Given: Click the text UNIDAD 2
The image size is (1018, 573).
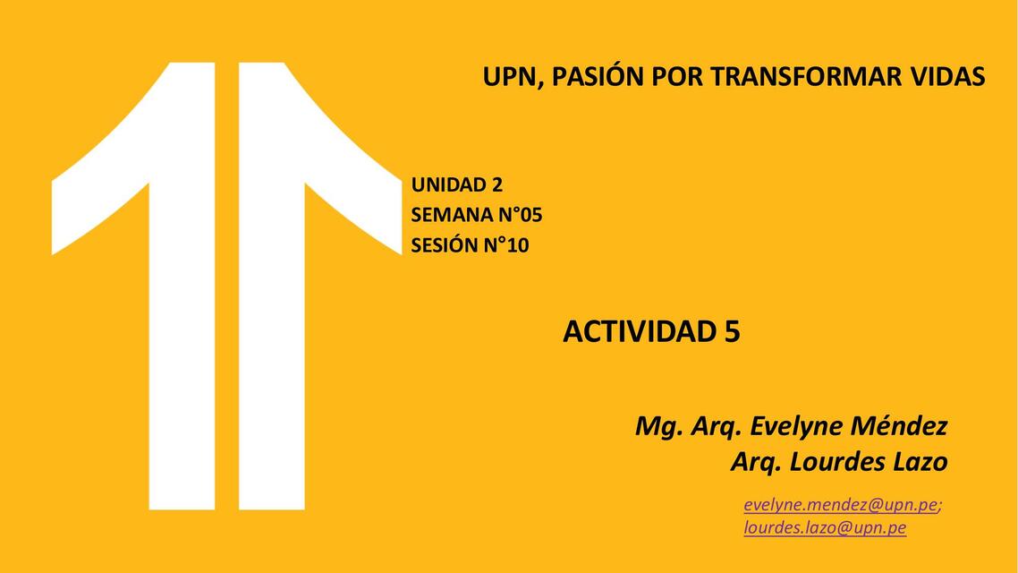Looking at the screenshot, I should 456,185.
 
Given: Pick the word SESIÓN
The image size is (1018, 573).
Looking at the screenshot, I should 444,244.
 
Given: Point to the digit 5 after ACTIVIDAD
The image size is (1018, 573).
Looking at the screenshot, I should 732,331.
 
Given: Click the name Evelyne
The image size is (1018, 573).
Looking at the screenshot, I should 795,426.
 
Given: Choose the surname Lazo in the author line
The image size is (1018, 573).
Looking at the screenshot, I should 920,462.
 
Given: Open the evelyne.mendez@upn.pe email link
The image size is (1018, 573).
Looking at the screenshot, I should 840,505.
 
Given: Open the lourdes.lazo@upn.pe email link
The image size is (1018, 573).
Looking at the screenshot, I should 825,528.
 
